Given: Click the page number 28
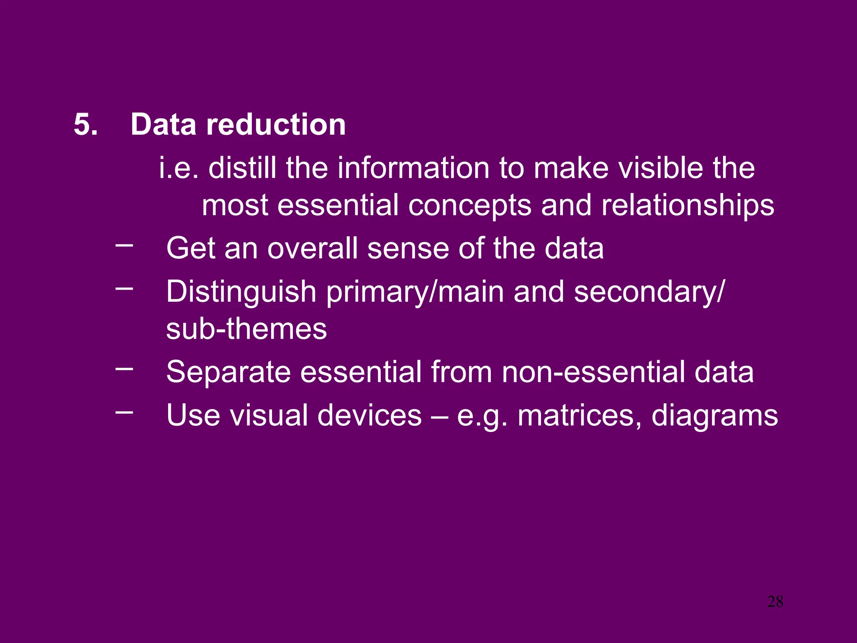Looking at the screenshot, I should pyautogui.click(x=775, y=602).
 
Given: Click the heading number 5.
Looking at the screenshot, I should pyautogui.click(x=85, y=124).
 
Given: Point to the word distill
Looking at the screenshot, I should pyautogui.click(x=242, y=168).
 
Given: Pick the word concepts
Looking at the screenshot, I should pyautogui.click(x=470, y=206).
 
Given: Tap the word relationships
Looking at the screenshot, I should pyautogui.click(x=688, y=206).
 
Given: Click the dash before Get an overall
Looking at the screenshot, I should pyautogui.click(x=124, y=245).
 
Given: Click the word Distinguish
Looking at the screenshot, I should pyautogui.click(x=241, y=292).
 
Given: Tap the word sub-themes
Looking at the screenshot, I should pyautogui.click(x=246, y=329).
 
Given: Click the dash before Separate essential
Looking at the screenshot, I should pyautogui.click(x=124, y=369).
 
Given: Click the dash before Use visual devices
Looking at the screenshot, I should pyautogui.click(x=124, y=412).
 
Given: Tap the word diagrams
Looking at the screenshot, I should pyautogui.click(x=715, y=415).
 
